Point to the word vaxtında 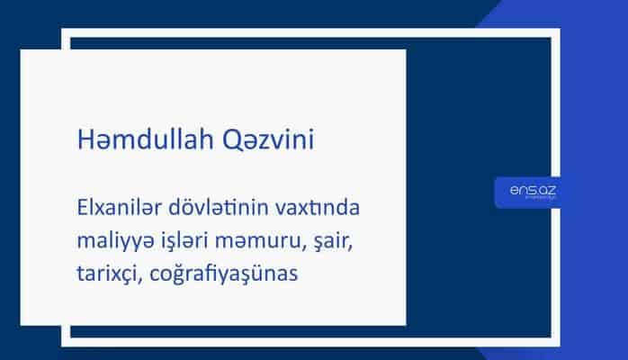[320, 210]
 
